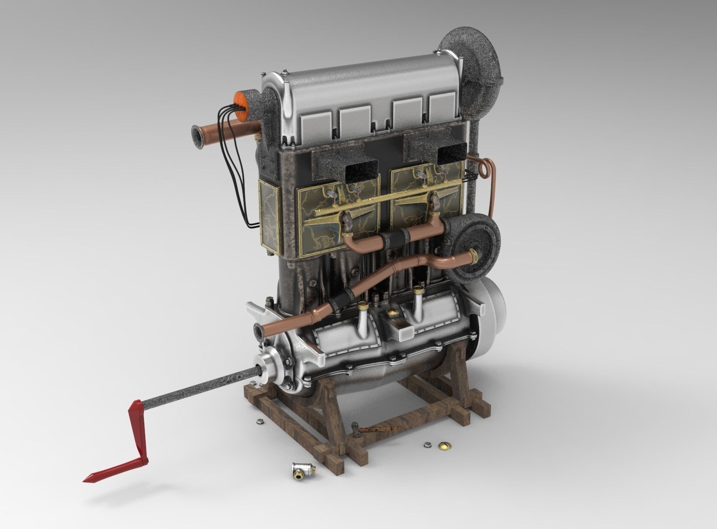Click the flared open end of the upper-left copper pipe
click(196, 138)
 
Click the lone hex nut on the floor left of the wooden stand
click(259, 421)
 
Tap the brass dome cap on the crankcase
click(394, 311)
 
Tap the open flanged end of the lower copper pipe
click(258, 331)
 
